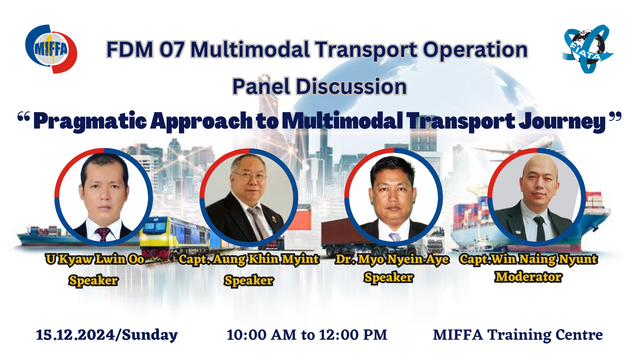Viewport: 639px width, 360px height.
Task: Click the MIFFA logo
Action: pyautogui.click(x=51, y=49)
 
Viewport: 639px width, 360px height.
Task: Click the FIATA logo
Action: pyautogui.click(x=588, y=49)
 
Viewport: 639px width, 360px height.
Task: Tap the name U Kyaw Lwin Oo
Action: pyautogui.click(x=95, y=259)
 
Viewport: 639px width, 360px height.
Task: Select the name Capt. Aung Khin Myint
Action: pyautogui.click(x=249, y=259)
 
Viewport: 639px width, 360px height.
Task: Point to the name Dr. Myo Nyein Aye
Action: pyautogui.click(x=392, y=259)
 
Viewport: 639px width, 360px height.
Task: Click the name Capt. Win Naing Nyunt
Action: pyautogui.click(x=529, y=259)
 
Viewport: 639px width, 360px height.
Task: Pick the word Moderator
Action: pyautogui.click(x=529, y=277)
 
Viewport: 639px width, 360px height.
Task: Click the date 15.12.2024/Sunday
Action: pyautogui.click(x=107, y=335)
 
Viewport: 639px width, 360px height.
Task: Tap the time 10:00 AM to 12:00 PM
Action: pyautogui.click(x=307, y=335)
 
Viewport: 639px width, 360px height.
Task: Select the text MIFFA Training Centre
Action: pyautogui.click(x=518, y=335)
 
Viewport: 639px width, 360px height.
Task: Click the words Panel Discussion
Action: pyautogui.click(x=319, y=86)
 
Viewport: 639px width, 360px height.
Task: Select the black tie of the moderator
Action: pyautogui.click(x=540, y=228)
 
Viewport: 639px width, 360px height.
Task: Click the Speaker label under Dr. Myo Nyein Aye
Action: pyautogui.click(x=388, y=277)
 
